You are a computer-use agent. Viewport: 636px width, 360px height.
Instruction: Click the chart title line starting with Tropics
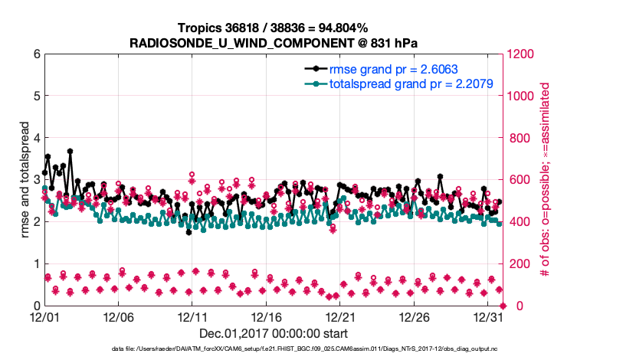point(272,28)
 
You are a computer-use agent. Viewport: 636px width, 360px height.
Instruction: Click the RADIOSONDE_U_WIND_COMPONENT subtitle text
point(272,42)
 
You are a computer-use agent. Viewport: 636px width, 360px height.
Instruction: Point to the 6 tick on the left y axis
point(36,54)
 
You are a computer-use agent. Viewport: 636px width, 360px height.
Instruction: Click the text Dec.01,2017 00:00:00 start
point(273,333)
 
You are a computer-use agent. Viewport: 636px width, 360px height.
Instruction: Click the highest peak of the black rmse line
point(70,151)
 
